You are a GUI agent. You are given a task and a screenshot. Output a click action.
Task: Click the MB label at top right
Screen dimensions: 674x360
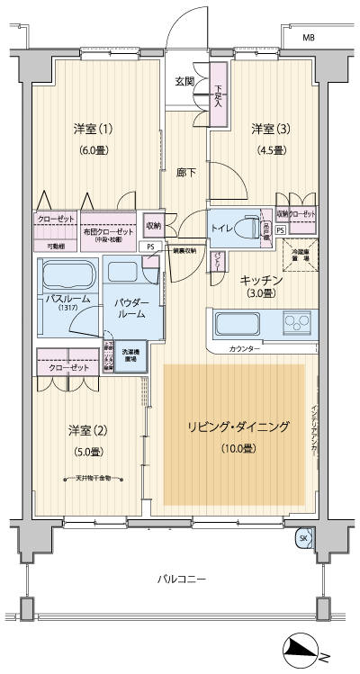pyautogui.click(x=309, y=37)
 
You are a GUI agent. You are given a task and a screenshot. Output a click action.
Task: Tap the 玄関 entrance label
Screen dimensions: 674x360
pyautogui.click(x=184, y=82)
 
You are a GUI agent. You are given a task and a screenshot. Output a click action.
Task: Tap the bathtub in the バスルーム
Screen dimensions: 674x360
pyautogui.click(x=67, y=274)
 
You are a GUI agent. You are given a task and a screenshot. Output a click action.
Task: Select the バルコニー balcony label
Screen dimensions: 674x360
pyautogui.click(x=180, y=579)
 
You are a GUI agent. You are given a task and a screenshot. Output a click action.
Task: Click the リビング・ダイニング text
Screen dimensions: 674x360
pyautogui.click(x=237, y=427)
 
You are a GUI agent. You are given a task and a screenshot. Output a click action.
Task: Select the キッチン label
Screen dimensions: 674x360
pyautogui.click(x=262, y=281)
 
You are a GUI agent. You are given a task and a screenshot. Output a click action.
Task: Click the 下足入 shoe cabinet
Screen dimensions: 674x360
pyautogui.click(x=218, y=93)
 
